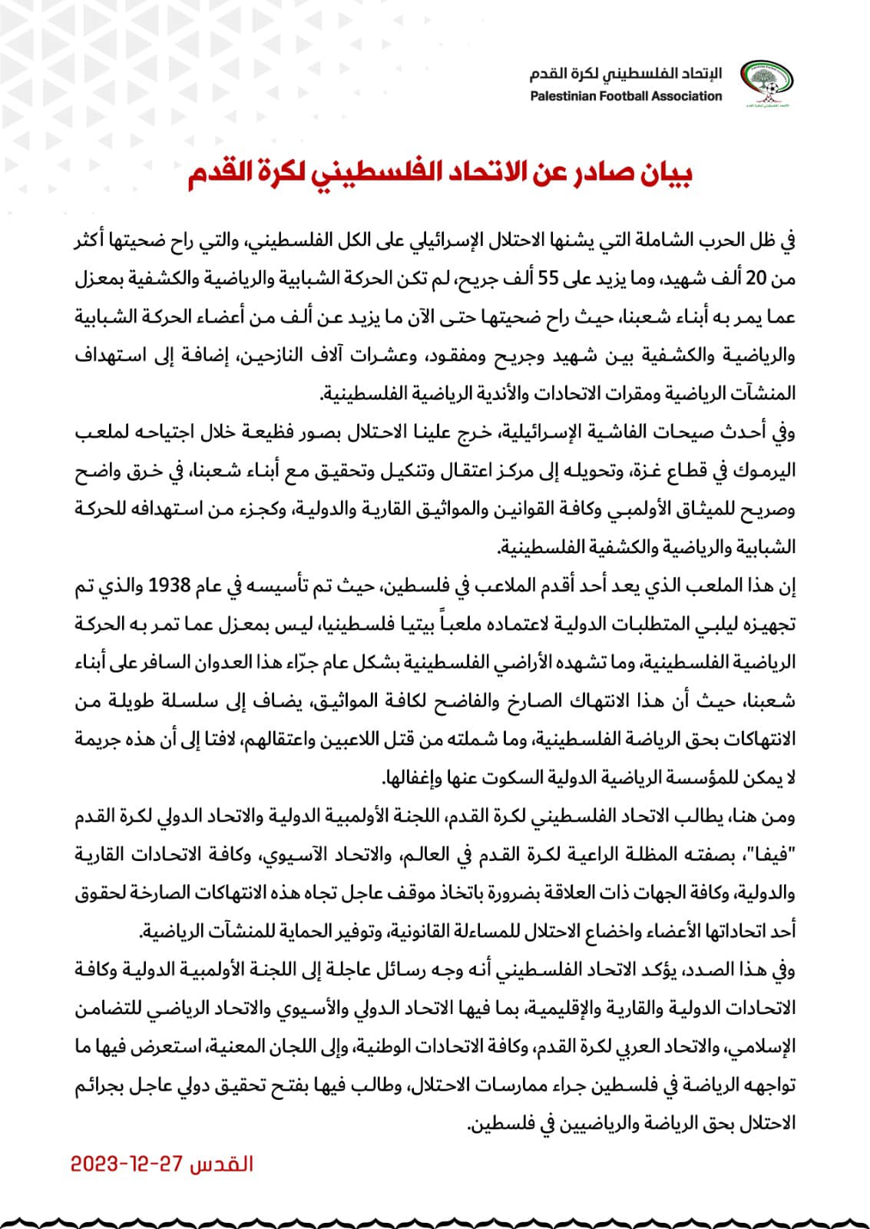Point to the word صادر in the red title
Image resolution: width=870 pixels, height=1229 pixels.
(597, 174)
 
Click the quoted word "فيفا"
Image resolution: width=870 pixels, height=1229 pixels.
(773, 855)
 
